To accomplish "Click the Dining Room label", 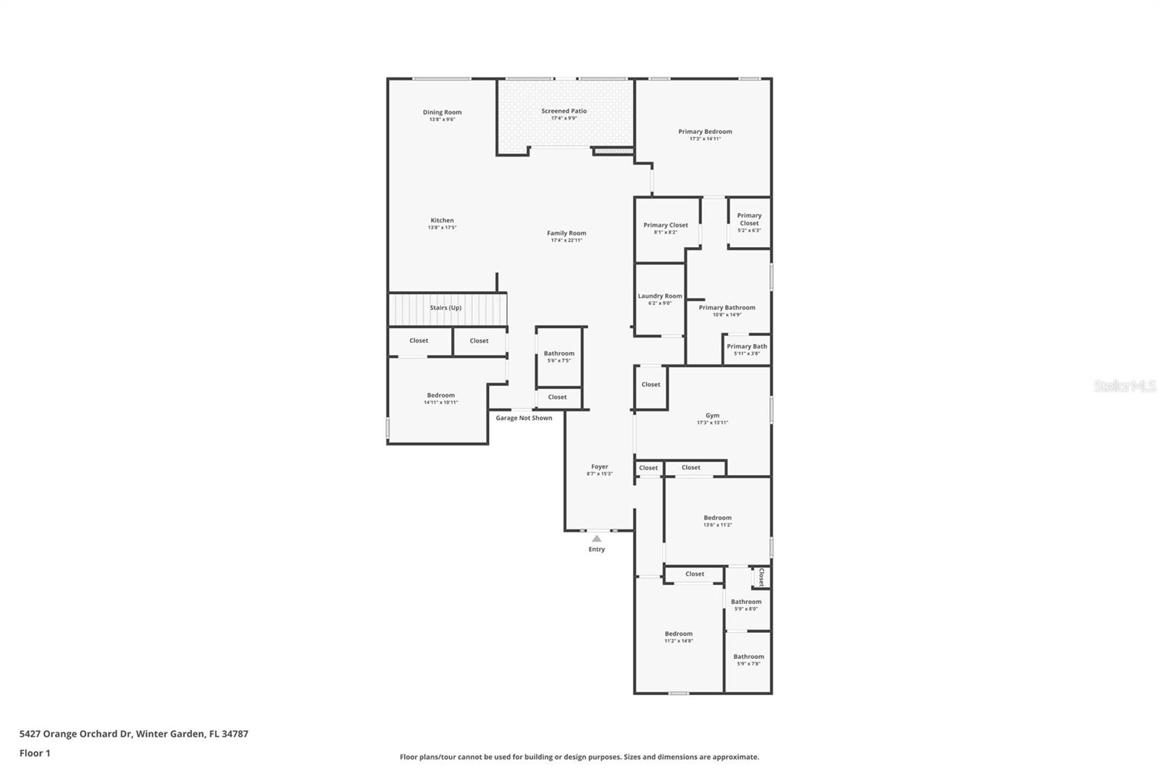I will pyautogui.click(x=442, y=112).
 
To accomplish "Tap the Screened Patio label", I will pyautogui.click(x=564, y=112).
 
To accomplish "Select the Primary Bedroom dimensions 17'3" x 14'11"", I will pyautogui.click(x=705, y=138).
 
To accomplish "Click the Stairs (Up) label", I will pyautogui.click(x=445, y=308).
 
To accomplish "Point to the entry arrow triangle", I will pyautogui.click(x=596, y=539).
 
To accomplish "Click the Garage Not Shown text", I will pyautogui.click(x=524, y=418).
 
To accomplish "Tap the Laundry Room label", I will pyautogui.click(x=660, y=296).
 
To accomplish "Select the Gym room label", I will pyautogui.click(x=712, y=416).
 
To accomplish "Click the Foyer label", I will pyautogui.click(x=599, y=467).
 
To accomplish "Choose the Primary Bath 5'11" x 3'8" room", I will pyautogui.click(x=747, y=349).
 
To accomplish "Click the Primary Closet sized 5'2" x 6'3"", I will pyautogui.click(x=749, y=222).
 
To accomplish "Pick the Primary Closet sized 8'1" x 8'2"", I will pyautogui.click(x=666, y=228).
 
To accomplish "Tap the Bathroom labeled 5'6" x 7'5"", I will pyautogui.click(x=558, y=356).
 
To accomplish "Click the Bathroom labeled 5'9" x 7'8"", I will pyautogui.click(x=748, y=660).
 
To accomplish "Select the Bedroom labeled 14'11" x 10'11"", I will pyautogui.click(x=440, y=398).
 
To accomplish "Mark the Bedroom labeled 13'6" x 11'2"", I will pyautogui.click(x=717, y=521).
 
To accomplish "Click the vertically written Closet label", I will pyautogui.click(x=761, y=577).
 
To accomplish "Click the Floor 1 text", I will pyautogui.click(x=35, y=753).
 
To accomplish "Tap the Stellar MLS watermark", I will pyautogui.click(x=1124, y=387).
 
